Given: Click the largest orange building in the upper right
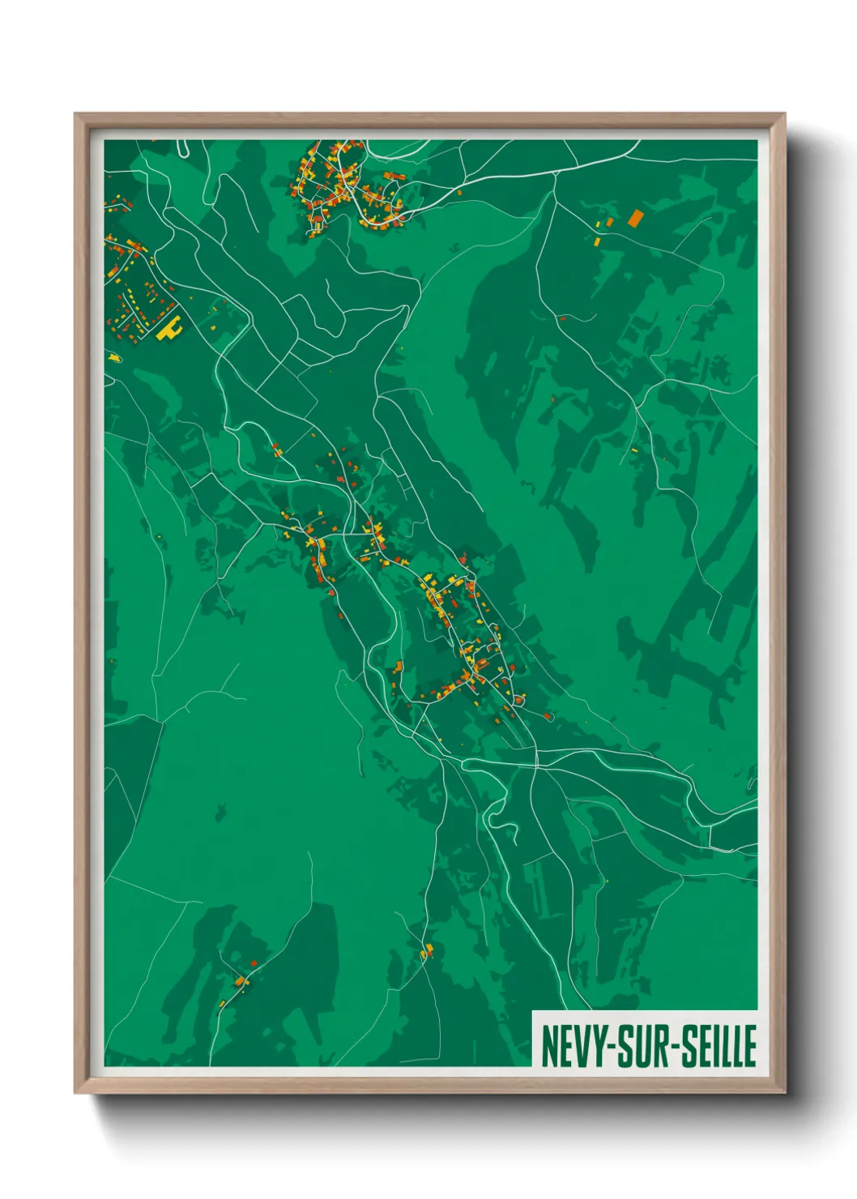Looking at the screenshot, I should [x=635, y=217].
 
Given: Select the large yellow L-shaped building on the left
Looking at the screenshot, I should [x=169, y=329].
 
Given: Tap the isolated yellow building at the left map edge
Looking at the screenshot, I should [x=114, y=356].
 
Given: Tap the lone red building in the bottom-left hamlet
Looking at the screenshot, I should [x=254, y=962].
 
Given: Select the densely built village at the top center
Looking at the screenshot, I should [x=344, y=186].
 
